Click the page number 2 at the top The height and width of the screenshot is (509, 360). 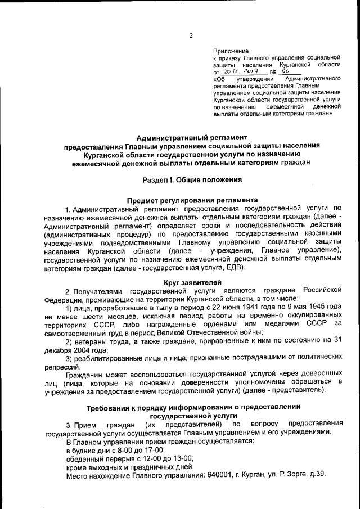(191, 36)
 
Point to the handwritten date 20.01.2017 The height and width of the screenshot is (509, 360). (237, 73)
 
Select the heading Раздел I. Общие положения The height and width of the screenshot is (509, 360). (192, 180)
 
